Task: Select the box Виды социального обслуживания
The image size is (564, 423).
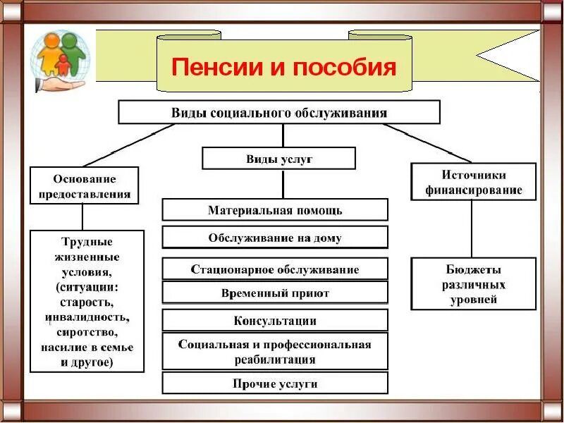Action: tap(279, 112)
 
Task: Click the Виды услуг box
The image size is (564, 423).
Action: tap(279, 159)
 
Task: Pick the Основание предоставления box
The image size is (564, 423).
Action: tap(84, 186)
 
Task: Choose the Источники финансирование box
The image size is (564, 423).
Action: tap(473, 182)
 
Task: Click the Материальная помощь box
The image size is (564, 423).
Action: tap(275, 210)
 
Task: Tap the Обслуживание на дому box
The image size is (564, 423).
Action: tap(275, 238)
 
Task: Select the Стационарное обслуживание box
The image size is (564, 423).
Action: tap(275, 269)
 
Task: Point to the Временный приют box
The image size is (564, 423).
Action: tap(275, 293)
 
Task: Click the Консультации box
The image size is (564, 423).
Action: tap(275, 321)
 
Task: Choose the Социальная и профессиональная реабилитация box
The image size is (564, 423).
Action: tap(275, 352)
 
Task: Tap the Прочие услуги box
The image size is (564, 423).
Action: tap(275, 384)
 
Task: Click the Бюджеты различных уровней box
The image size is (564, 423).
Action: tap(473, 284)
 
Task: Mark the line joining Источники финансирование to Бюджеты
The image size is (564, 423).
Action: tap(472, 229)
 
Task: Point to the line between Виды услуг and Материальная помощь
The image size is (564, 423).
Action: tap(283, 184)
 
